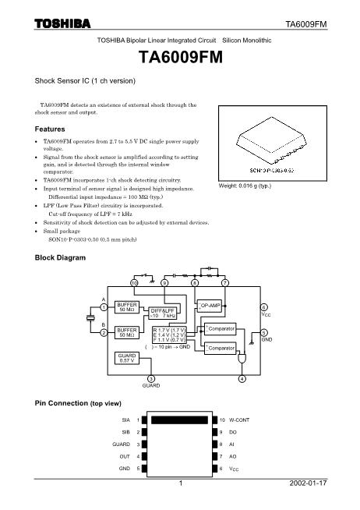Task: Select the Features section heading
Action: pyautogui.click(x=52, y=129)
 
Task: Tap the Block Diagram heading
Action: pyautogui.click(x=62, y=258)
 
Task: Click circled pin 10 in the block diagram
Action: pyautogui.click(x=134, y=282)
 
